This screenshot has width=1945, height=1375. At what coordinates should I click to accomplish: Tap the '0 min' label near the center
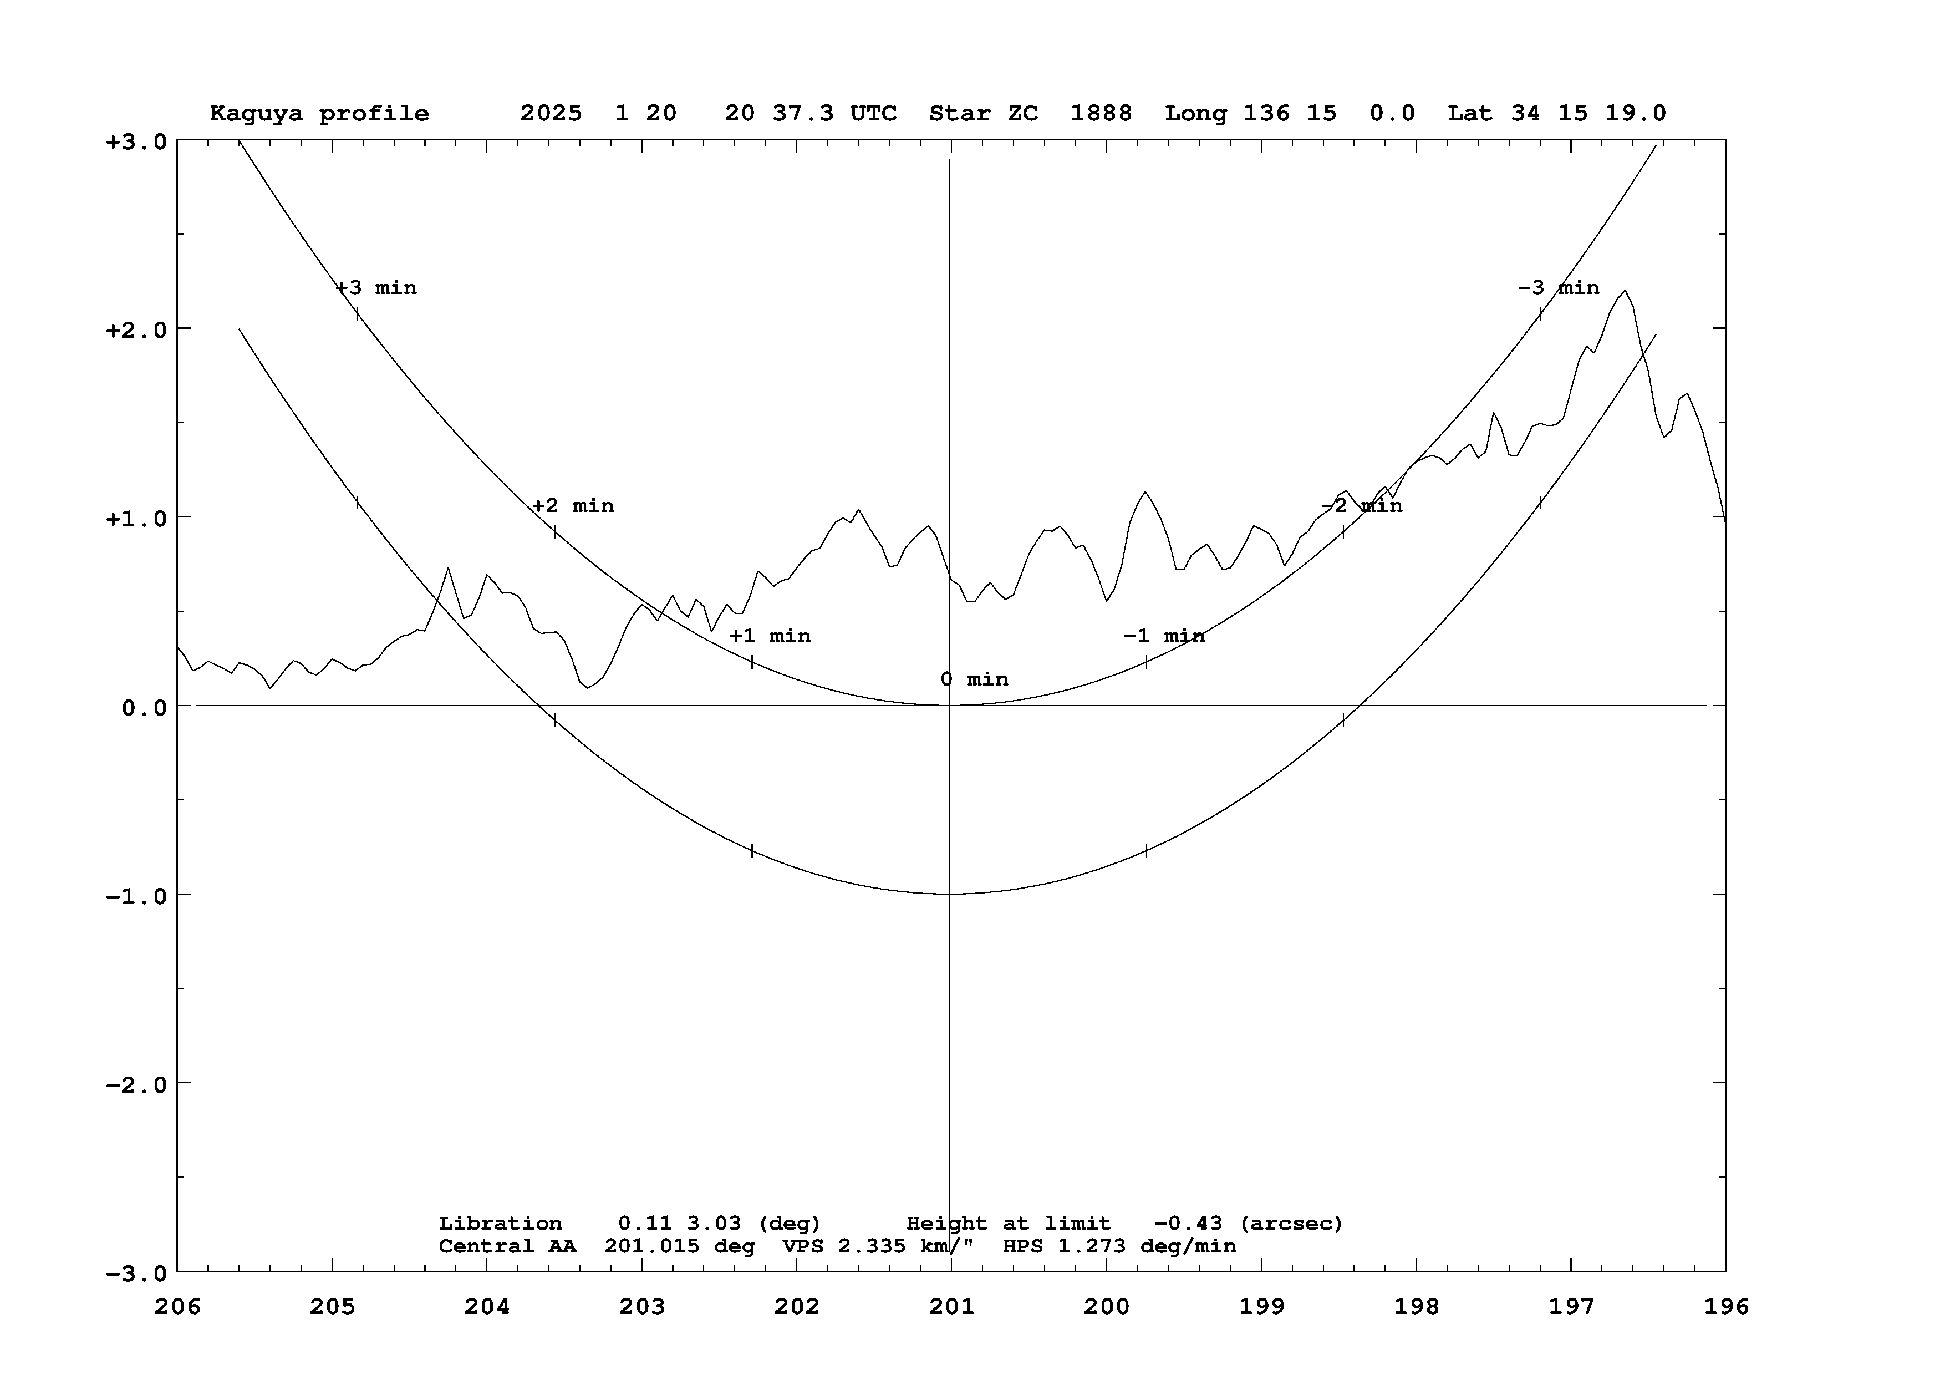[974, 679]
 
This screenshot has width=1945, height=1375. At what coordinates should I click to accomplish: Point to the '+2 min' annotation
[573, 506]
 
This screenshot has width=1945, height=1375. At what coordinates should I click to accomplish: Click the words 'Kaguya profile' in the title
[319, 114]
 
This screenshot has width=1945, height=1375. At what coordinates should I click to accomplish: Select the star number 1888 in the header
[1101, 114]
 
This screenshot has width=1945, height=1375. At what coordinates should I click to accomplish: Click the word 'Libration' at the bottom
[500, 1224]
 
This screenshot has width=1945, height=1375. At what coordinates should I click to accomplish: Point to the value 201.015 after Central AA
[652, 1246]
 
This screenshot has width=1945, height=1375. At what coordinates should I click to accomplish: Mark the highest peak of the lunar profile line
[1625, 291]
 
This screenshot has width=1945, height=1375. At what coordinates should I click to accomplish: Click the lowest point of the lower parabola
[950, 894]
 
